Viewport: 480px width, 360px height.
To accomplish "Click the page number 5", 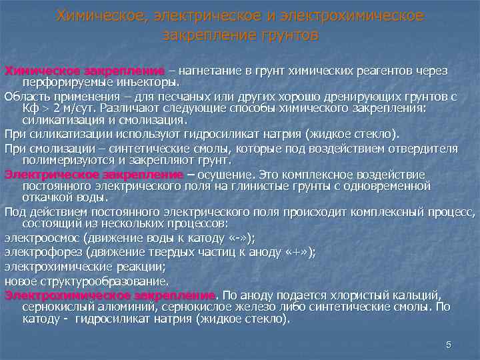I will coord(449,344).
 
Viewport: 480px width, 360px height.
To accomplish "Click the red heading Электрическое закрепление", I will coord(93,175).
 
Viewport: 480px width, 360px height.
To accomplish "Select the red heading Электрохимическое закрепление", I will coord(110,295).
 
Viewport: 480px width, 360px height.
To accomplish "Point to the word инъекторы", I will coord(149,83).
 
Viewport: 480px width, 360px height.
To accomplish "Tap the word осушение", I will coord(223,175).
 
